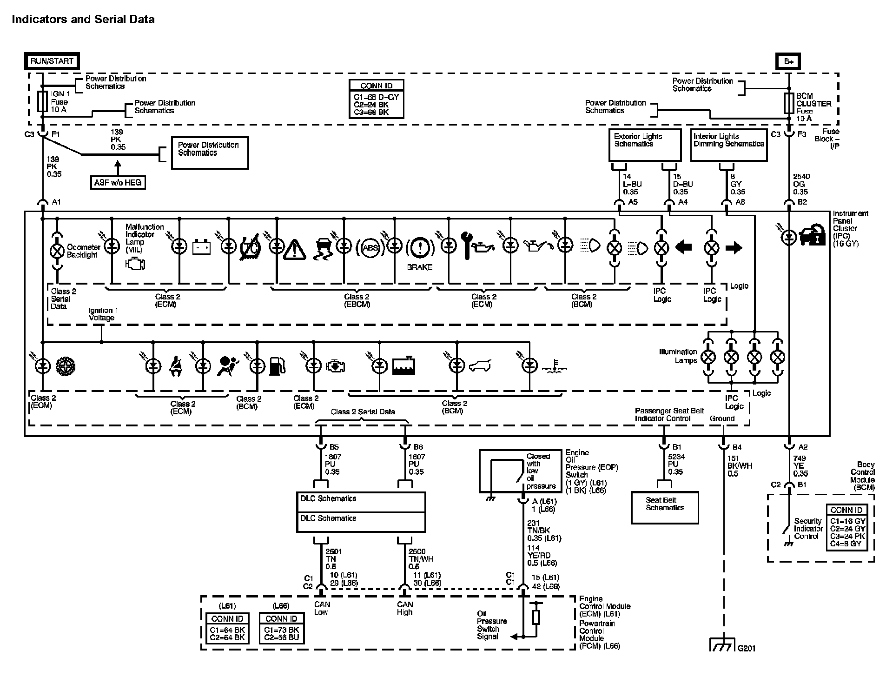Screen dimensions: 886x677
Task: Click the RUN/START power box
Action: pyautogui.click(x=52, y=61)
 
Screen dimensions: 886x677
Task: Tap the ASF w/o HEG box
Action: pyautogui.click(x=118, y=183)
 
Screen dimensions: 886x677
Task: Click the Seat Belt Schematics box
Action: pyautogui.click(x=665, y=508)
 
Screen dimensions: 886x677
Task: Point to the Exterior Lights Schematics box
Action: pyautogui.click(x=645, y=145)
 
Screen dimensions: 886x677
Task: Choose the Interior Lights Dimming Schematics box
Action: pyautogui.click(x=728, y=145)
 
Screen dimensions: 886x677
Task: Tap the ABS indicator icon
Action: pyautogui.click(x=370, y=247)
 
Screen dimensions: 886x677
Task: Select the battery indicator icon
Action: pyautogui.click(x=201, y=247)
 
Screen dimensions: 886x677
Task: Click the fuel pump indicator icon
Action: pyautogui.click(x=277, y=366)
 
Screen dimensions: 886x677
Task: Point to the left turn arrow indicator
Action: pyautogui.click(x=683, y=247)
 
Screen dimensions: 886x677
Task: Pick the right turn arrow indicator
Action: pyautogui.click(x=734, y=247)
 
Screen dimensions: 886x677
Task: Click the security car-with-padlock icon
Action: pyautogui.click(x=811, y=235)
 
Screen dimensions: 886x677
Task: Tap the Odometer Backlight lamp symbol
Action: pyautogui.click(x=57, y=251)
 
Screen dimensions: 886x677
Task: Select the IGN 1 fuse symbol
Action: pyautogui.click(x=42, y=101)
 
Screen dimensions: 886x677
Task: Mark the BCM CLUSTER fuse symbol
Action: pyautogui.click(x=789, y=103)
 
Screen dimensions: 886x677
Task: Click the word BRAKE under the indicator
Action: pyautogui.click(x=419, y=267)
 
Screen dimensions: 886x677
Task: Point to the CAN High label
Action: pyautogui.click(x=405, y=608)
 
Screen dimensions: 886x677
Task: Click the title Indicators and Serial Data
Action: pyautogui.click(x=83, y=20)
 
